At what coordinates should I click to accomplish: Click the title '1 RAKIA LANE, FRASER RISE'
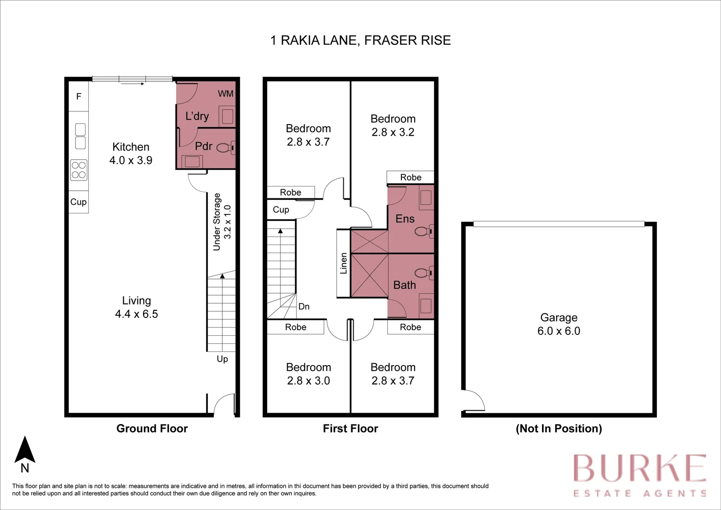coord(360,41)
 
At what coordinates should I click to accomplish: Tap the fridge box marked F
coord(79,97)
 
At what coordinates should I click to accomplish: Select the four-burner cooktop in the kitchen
coord(79,170)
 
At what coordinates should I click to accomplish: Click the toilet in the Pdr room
coord(226,148)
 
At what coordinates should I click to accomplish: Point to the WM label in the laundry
coord(225,93)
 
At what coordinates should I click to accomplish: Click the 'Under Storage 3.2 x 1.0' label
coord(222,221)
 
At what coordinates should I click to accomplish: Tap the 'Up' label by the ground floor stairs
coord(222,359)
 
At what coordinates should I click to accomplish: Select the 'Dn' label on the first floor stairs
coord(304,306)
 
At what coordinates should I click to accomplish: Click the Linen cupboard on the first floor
coord(343,263)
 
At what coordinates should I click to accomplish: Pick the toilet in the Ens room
coord(423,231)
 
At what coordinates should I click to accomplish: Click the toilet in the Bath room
coord(423,273)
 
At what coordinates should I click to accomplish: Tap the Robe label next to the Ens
coord(410,177)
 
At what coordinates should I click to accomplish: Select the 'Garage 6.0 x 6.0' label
coord(559,324)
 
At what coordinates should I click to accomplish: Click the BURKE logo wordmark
coord(639,468)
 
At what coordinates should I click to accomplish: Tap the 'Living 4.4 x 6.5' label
coord(136,307)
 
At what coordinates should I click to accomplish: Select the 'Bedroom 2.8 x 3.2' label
coord(393,126)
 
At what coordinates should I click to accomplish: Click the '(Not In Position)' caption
coord(559,428)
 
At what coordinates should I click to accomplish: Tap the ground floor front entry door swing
coord(223,405)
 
